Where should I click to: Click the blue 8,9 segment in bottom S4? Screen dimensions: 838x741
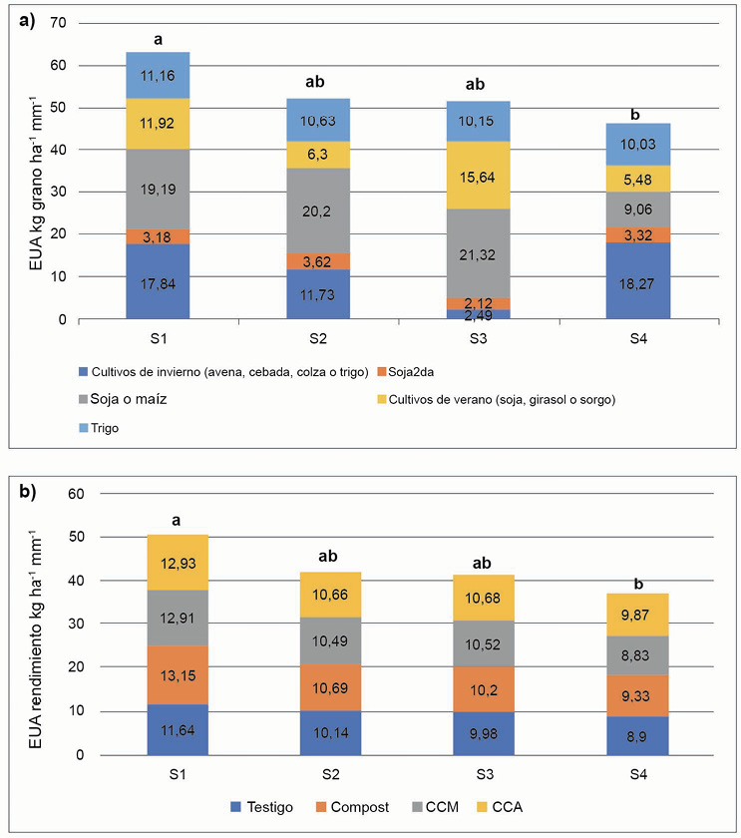coord(639,736)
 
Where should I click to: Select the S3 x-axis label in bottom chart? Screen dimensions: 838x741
coord(479,776)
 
